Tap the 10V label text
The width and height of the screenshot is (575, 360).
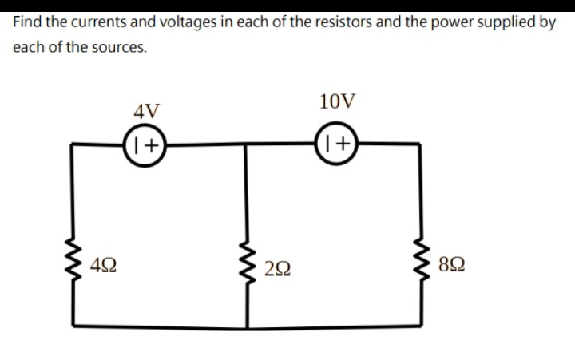pyautogui.click(x=337, y=101)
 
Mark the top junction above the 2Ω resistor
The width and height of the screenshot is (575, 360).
pyautogui.click(x=245, y=144)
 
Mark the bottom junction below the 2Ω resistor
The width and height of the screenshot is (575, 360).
pyautogui.click(x=245, y=327)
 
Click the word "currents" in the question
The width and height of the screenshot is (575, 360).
pyautogui.click(x=91, y=22)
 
